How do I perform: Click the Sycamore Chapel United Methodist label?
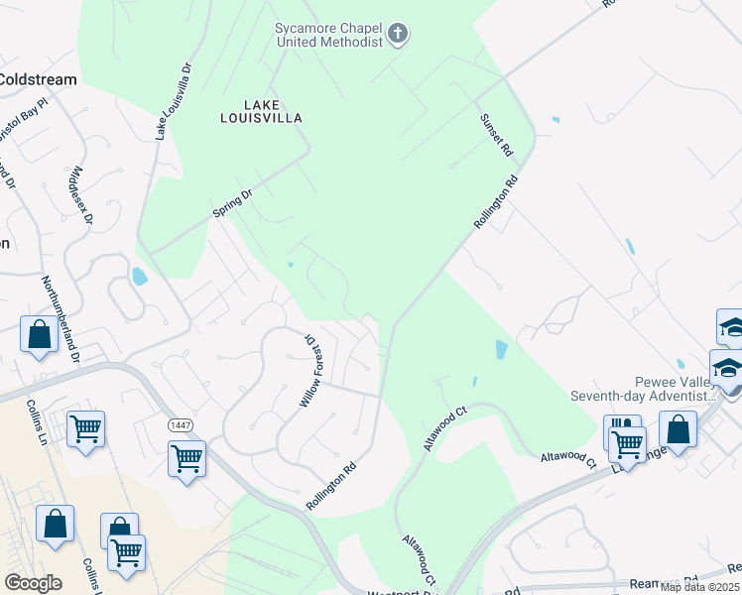[x=327, y=36]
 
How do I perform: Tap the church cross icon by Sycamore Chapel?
[x=397, y=35]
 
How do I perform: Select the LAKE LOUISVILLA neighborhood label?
[x=260, y=110]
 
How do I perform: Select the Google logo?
[x=33, y=583]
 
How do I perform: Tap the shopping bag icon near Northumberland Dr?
[x=39, y=333]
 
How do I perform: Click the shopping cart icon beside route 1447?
[x=186, y=459]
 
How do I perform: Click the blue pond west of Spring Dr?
[x=140, y=276]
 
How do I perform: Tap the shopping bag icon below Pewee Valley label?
[x=679, y=430]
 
